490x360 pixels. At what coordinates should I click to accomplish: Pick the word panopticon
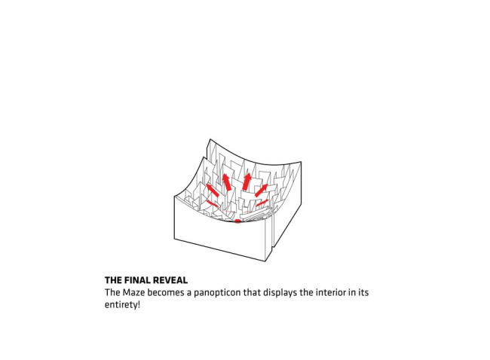coord(231,291)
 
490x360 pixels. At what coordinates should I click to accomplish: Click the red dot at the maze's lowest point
coord(237,221)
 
